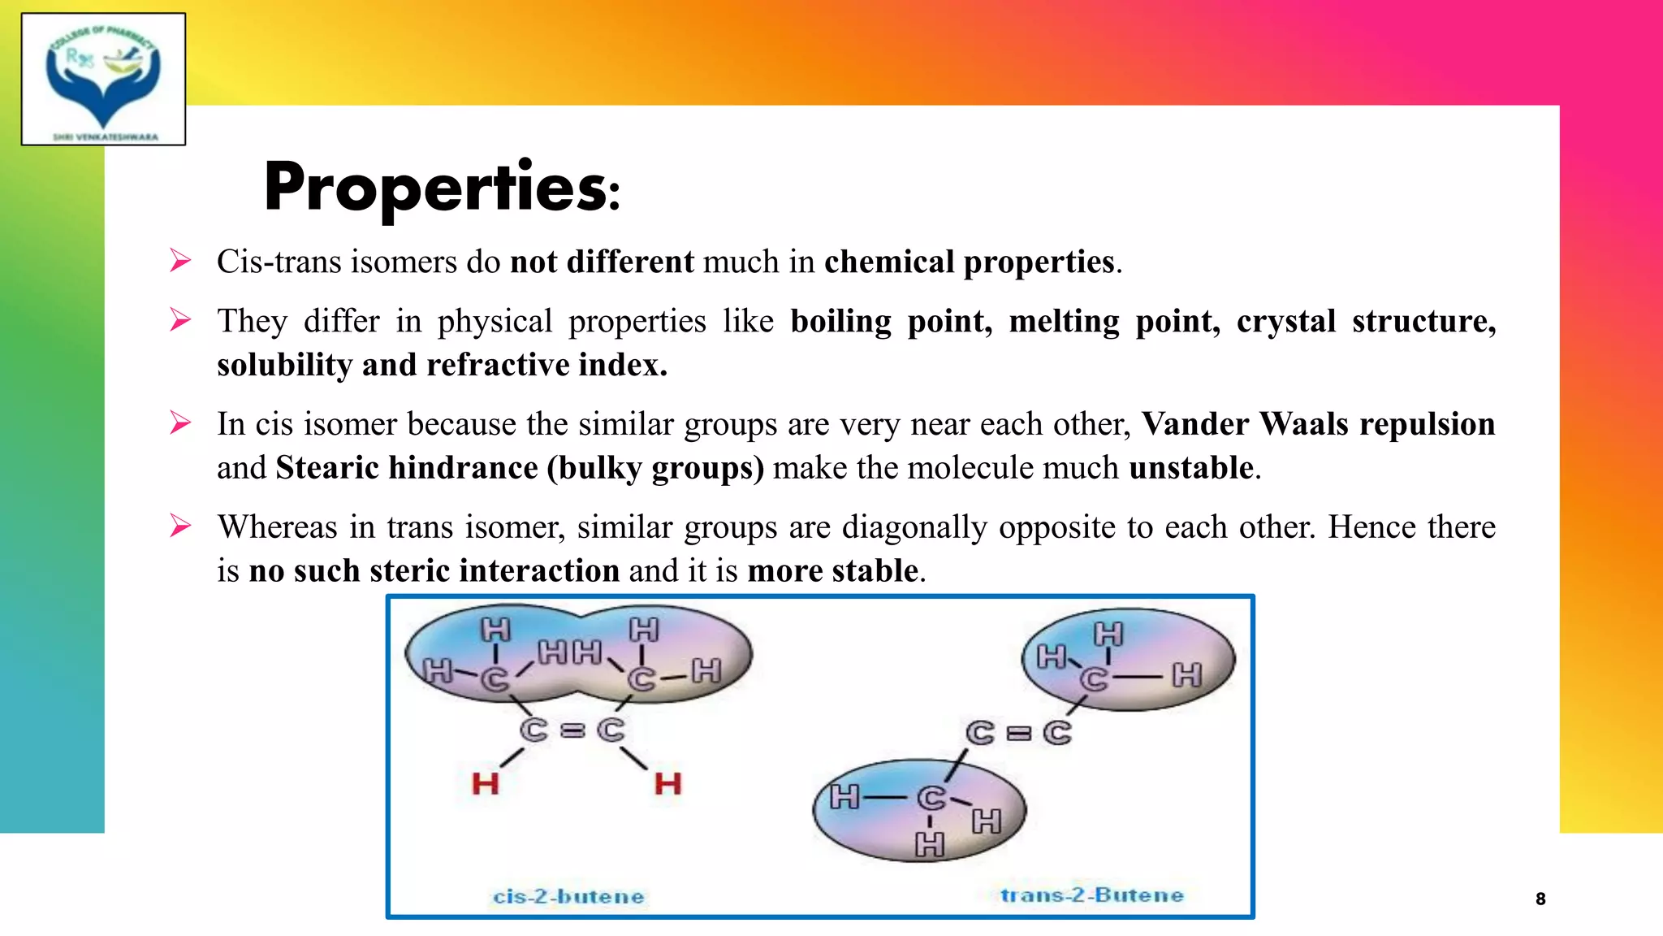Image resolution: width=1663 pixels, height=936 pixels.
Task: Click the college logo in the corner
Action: click(x=103, y=79)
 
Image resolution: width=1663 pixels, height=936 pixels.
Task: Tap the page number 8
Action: click(x=1540, y=899)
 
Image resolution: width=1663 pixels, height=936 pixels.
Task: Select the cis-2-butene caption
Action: click(x=568, y=896)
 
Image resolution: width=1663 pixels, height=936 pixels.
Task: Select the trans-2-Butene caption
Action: click(x=1091, y=895)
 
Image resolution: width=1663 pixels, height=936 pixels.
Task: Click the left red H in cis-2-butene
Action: click(x=486, y=784)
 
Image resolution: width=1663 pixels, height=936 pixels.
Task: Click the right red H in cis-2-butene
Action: click(x=667, y=784)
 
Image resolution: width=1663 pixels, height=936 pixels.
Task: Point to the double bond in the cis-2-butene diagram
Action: click(x=572, y=730)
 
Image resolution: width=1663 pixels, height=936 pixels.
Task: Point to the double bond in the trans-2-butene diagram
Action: click(x=1018, y=734)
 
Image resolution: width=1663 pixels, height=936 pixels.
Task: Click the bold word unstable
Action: click(x=1190, y=468)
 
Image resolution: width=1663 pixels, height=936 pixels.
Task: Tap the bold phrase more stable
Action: click(x=833, y=571)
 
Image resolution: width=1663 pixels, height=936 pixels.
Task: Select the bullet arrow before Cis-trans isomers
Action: click(x=180, y=261)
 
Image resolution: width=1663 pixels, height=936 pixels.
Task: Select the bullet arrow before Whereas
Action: click(x=180, y=526)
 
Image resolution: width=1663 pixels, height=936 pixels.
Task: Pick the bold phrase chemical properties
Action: click(x=970, y=262)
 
